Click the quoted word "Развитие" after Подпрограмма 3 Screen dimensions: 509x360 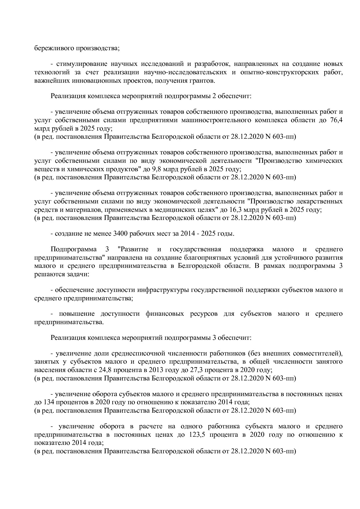click(134, 249)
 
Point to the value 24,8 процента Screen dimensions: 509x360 click(107, 370)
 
